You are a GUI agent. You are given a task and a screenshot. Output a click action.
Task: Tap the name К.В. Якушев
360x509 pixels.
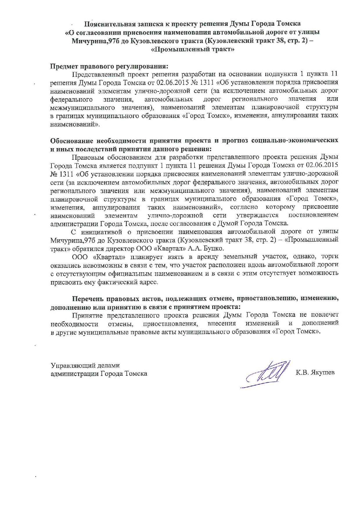pyautogui.click(x=315, y=373)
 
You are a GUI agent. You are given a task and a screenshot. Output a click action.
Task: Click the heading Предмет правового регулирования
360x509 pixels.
pyautogui.click(x=109, y=66)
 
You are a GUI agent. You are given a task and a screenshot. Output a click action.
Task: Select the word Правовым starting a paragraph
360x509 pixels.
pyautogui.click(x=87, y=157)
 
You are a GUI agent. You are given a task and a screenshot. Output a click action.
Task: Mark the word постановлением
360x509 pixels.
pyautogui.click(x=313, y=215)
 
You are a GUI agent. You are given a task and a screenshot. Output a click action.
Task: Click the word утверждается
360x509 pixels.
pyautogui.click(x=257, y=215)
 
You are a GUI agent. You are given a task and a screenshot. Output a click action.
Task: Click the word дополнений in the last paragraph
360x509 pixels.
pyautogui.click(x=320, y=323)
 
